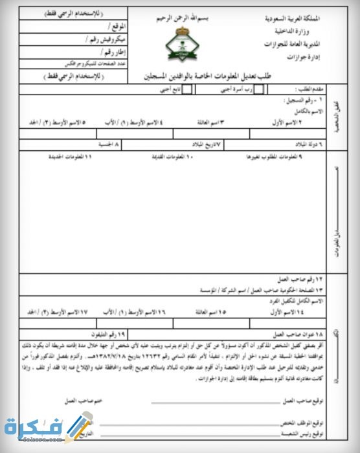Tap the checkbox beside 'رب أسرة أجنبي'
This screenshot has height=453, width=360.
click(x=258, y=91)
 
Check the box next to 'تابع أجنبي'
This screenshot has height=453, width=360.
click(x=188, y=91)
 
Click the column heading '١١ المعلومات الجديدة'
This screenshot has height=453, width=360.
click(x=71, y=157)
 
